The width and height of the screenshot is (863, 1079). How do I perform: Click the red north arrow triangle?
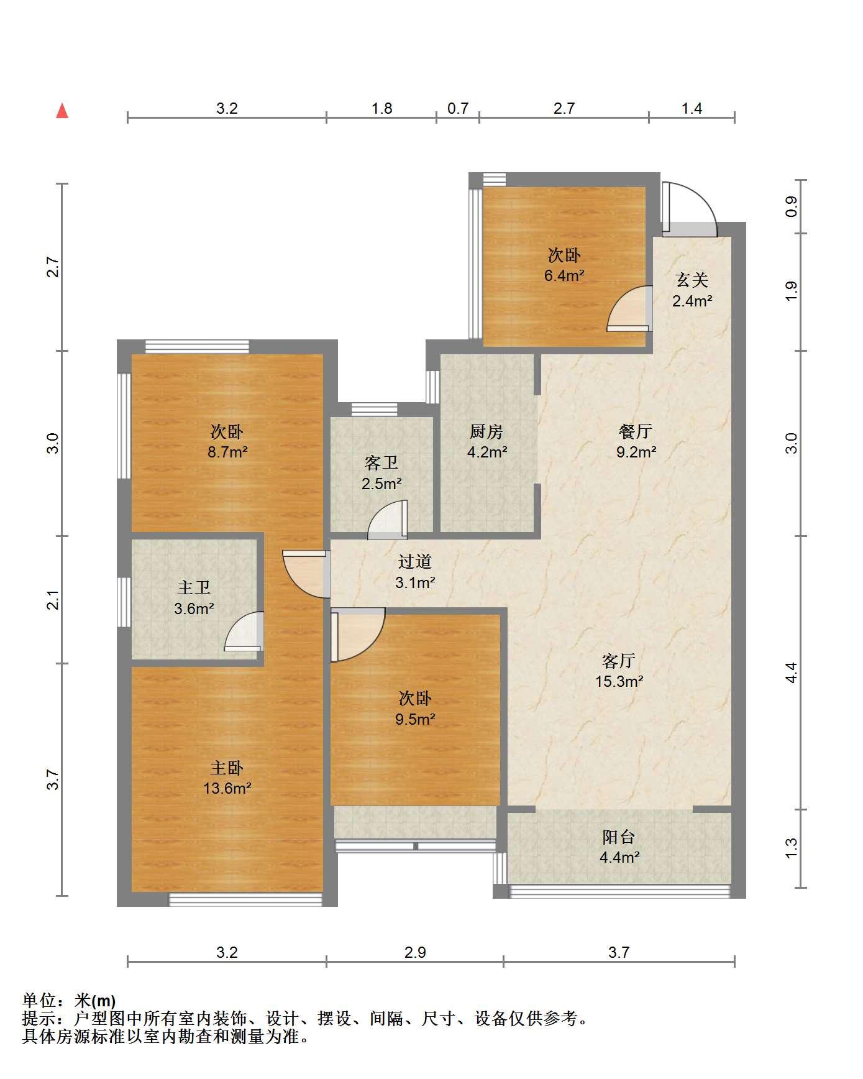coord(62,111)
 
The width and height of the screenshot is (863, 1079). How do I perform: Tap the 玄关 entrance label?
coord(692,280)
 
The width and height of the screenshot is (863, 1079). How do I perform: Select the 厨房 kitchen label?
coord(486,431)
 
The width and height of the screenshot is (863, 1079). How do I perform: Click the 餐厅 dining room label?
coord(636,431)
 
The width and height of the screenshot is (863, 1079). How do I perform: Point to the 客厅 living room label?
coord(619,660)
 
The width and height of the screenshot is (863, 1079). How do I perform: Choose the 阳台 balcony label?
coord(619,837)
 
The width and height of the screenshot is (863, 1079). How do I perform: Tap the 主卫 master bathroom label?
coord(194,587)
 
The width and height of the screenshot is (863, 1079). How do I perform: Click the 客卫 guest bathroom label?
coord(381,463)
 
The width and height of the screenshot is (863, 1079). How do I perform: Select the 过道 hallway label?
coord(415,562)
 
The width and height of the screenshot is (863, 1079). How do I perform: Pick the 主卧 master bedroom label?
coord(227,768)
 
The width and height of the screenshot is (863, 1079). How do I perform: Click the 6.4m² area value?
coord(564,275)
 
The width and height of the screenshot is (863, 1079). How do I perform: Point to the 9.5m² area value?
coord(415,719)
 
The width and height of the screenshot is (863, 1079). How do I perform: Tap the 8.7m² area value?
coord(227,452)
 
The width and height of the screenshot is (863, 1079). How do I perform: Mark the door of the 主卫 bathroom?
coord(244,631)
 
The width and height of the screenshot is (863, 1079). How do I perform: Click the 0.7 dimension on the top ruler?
coord(458,108)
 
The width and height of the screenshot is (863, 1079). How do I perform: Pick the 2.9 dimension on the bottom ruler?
coord(415,952)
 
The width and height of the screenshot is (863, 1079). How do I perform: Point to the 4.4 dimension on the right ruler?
coord(791,673)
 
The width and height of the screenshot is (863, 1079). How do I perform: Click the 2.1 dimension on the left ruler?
coord(54,600)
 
